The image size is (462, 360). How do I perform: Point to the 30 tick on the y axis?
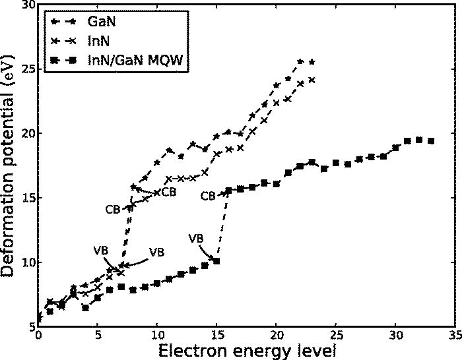[x=26, y=5]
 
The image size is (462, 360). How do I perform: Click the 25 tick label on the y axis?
[x=26, y=69]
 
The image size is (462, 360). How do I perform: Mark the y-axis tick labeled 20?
[x=26, y=134]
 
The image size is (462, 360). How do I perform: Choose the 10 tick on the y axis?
[x=26, y=263]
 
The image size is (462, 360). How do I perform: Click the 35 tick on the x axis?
[x=455, y=335]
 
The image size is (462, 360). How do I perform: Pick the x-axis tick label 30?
[x=395, y=335]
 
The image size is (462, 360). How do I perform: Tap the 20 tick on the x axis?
[x=277, y=335]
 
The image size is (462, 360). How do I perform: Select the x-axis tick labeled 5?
[x=98, y=335]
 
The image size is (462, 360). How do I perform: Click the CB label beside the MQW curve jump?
[x=208, y=196]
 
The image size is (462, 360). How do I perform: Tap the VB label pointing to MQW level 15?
[x=196, y=238]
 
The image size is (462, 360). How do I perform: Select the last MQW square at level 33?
[x=431, y=140]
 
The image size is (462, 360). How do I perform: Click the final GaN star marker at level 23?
[x=312, y=62]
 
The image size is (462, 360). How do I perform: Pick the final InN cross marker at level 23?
[x=312, y=80]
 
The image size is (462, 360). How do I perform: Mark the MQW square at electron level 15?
[x=216, y=261]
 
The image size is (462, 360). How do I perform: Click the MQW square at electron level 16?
[x=228, y=191]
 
